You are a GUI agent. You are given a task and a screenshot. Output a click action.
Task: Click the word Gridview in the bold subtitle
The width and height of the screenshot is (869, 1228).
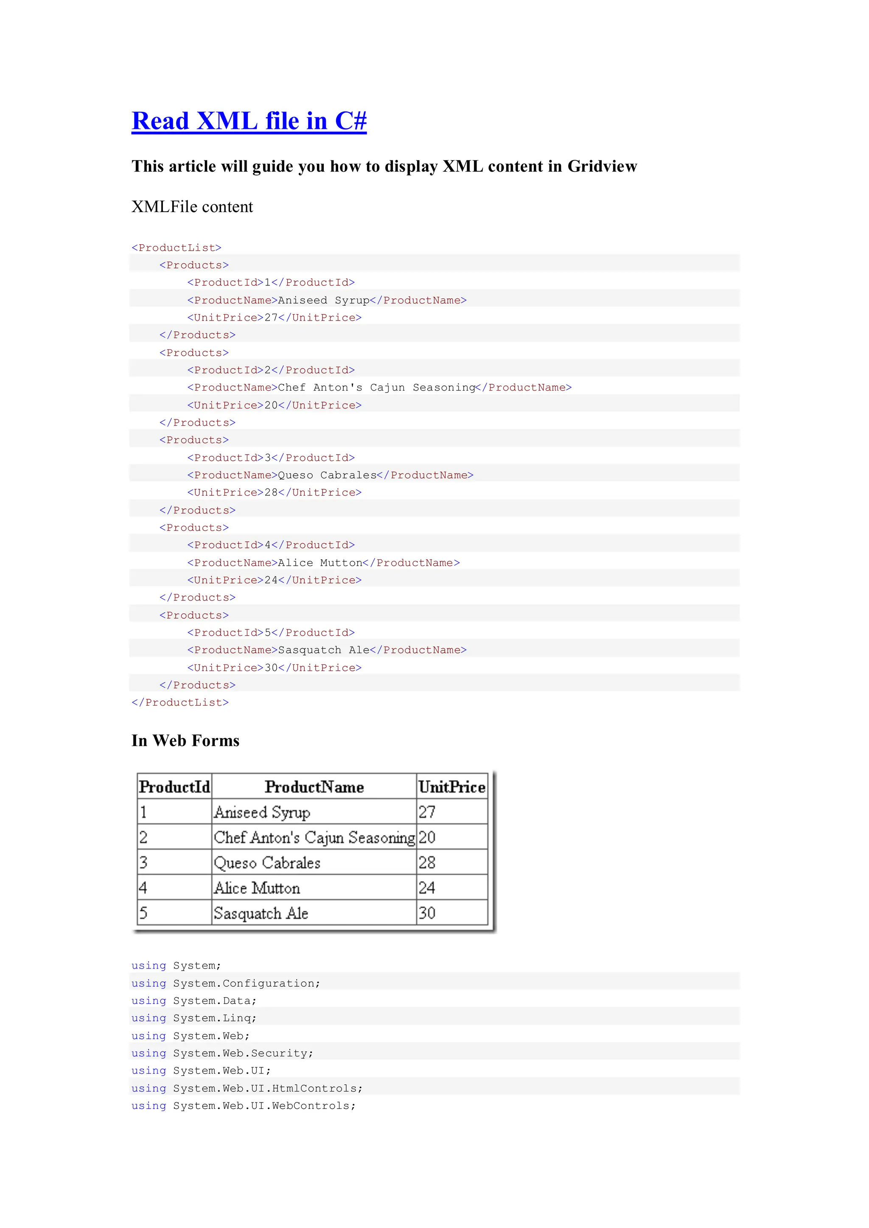(602, 166)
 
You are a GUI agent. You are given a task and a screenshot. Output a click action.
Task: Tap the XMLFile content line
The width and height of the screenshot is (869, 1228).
(192, 207)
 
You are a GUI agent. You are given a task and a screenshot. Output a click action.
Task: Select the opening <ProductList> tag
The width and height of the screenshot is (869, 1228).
(177, 248)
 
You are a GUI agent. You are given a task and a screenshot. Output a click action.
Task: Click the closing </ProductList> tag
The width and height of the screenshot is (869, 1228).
(180, 702)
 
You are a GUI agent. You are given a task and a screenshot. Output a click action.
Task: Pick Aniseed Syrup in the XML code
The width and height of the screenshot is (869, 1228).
(323, 300)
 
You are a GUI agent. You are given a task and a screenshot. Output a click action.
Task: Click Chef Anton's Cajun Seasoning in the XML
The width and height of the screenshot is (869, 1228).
(376, 387)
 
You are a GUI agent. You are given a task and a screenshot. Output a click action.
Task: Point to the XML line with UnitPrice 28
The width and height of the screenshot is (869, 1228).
(274, 492)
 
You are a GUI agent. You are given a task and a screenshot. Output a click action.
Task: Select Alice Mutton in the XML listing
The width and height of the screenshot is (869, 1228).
(320, 563)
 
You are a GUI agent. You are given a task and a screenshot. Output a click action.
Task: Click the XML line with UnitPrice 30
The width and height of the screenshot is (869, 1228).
(274, 667)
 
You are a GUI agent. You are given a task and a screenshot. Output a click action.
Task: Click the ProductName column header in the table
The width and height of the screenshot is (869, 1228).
(314, 787)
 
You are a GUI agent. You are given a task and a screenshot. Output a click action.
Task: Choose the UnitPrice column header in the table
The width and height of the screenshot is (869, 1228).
(451, 787)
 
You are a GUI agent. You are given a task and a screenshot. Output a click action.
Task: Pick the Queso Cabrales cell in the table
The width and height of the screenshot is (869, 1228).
(267, 863)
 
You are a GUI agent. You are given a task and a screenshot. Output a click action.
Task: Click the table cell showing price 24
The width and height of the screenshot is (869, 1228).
(427, 888)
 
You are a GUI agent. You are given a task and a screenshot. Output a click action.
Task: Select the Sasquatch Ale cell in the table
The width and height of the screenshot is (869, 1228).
(261, 913)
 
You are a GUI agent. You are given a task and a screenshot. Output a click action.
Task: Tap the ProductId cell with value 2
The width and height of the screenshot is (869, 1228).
(143, 837)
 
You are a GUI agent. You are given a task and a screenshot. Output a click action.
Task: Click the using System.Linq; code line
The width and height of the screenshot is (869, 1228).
(194, 1018)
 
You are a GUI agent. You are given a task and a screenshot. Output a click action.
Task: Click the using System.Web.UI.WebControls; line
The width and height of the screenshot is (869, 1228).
(244, 1105)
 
